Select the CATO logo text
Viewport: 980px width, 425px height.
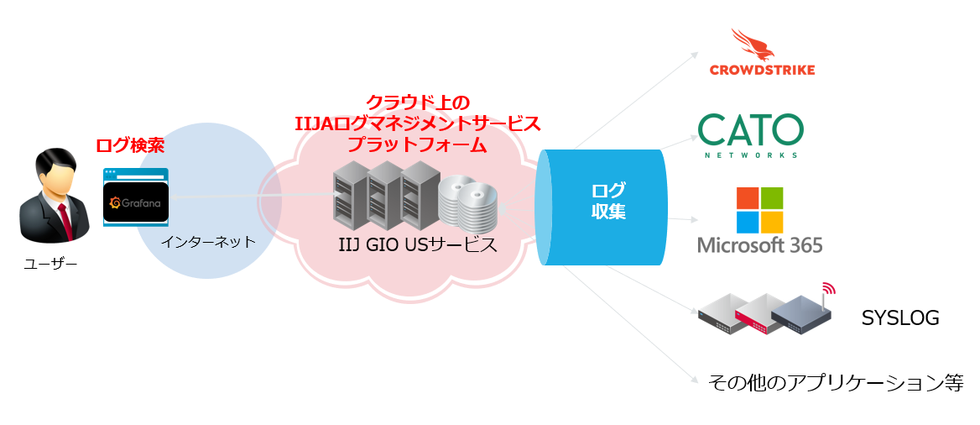[750, 129]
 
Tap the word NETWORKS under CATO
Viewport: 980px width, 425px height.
[750, 155]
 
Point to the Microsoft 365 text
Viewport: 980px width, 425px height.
[759, 245]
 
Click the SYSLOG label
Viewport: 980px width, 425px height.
[899, 318]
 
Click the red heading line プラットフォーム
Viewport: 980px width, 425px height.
[417, 144]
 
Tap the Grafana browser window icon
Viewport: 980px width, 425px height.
[136, 197]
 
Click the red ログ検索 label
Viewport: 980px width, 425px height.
[130, 145]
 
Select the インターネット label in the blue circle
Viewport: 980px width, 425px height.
[209, 242]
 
